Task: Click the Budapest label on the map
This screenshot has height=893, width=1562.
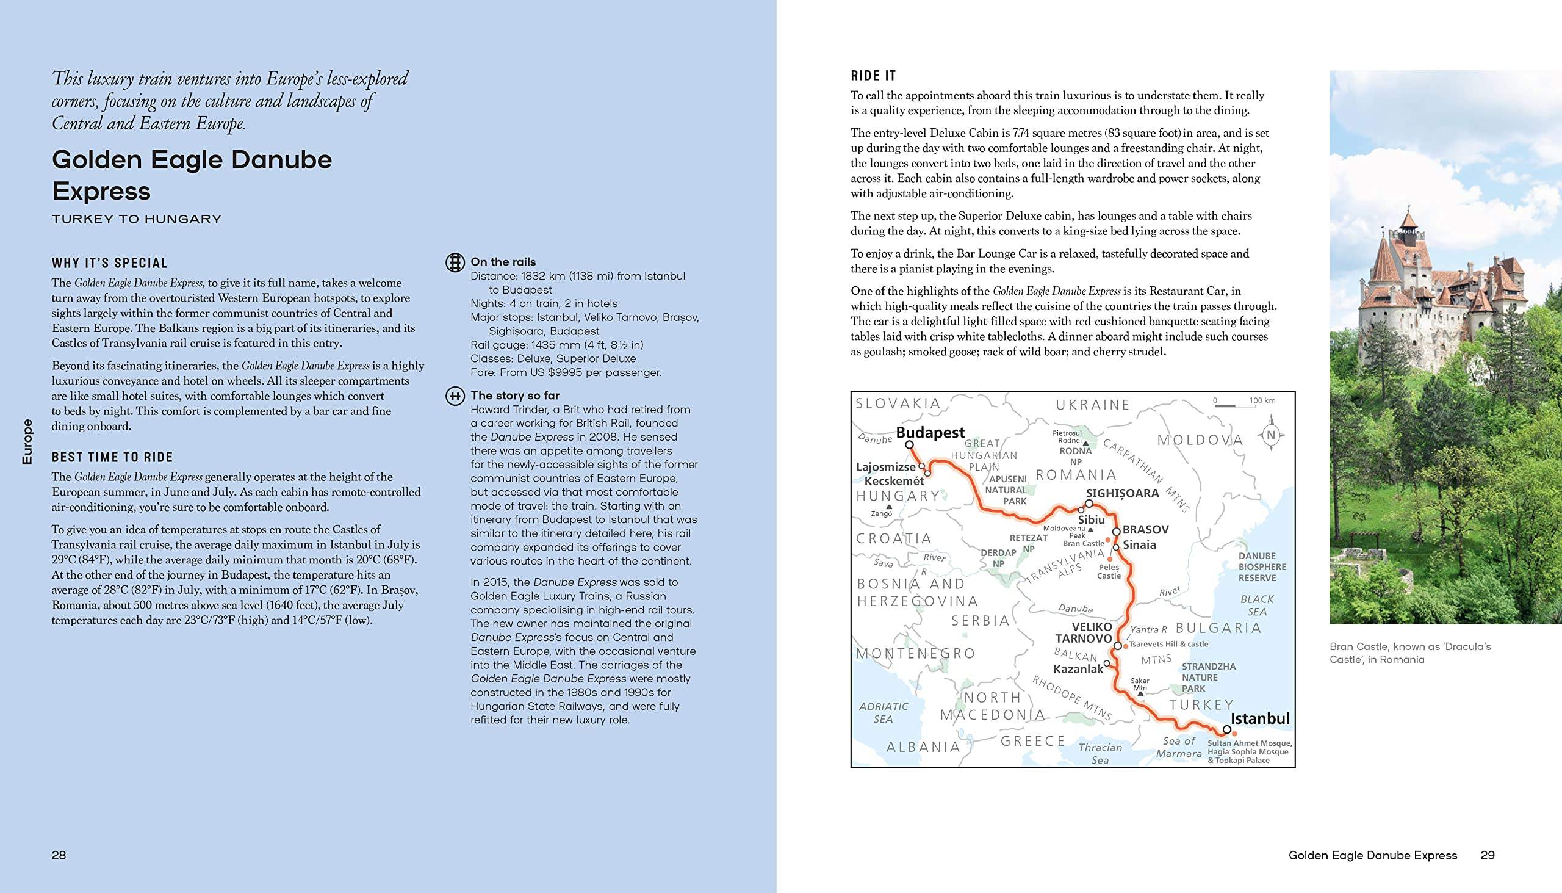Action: click(930, 432)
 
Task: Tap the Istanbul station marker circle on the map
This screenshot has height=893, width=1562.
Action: click(1226, 730)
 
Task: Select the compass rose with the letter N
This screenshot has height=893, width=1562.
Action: click(1270, 436)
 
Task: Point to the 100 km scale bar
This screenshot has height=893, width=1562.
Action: click(1245, 404)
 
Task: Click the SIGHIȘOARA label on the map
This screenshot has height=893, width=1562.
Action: click(1123, 493)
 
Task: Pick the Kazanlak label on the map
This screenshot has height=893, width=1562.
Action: click(1078, 669)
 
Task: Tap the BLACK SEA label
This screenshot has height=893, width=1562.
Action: click(1257, 606)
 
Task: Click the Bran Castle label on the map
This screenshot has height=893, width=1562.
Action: click(1083, 543)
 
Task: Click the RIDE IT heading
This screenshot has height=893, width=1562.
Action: click(873, 76)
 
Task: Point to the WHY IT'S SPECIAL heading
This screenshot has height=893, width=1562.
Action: click(110, 263)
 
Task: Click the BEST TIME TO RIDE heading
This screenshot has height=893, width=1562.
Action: click(112, 457)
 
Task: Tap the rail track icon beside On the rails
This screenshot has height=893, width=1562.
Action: click(454, 262)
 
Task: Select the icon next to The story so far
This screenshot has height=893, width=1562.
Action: click(454, 396)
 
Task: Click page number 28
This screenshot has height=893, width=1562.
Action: click(59, 855)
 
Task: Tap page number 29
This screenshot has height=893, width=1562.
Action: click(1487, 855)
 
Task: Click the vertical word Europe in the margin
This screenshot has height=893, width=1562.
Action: click(27, 441)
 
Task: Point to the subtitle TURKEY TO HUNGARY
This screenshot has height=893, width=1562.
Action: click(136, 219)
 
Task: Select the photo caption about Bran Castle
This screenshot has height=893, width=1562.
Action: click(1410, 653)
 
